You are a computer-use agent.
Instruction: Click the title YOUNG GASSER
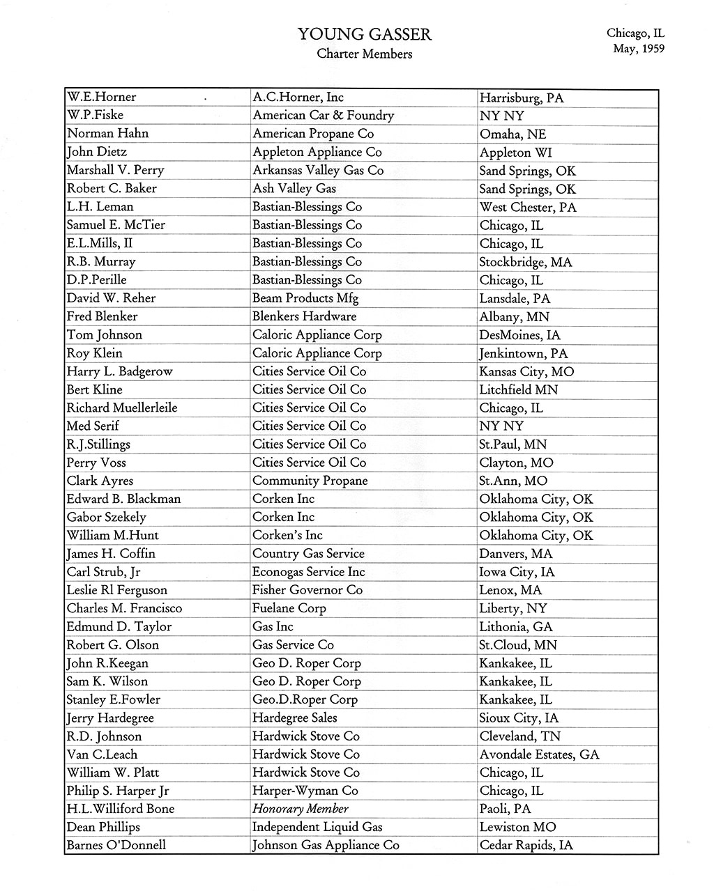364,34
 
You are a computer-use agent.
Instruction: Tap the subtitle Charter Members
364,54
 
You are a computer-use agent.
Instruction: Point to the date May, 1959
638,49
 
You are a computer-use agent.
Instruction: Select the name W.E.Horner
102,97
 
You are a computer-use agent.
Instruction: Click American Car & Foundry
323,116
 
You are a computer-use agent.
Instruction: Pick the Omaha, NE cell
512,134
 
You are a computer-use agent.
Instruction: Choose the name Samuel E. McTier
116,225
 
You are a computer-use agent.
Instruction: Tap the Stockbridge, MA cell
525,262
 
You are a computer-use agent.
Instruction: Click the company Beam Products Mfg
305,298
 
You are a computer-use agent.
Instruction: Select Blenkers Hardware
304,316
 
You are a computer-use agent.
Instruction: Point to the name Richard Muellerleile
122,408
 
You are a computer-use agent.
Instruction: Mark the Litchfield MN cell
518,389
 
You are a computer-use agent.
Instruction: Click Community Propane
310,481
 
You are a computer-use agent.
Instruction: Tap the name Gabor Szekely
107,517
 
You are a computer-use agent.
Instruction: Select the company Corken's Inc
287,535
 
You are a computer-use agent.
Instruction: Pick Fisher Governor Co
307,590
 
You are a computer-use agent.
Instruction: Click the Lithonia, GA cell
515,626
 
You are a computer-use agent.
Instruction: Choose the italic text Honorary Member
300,809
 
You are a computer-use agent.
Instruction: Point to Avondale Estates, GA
539,754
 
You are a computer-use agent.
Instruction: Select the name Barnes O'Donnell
116,845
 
